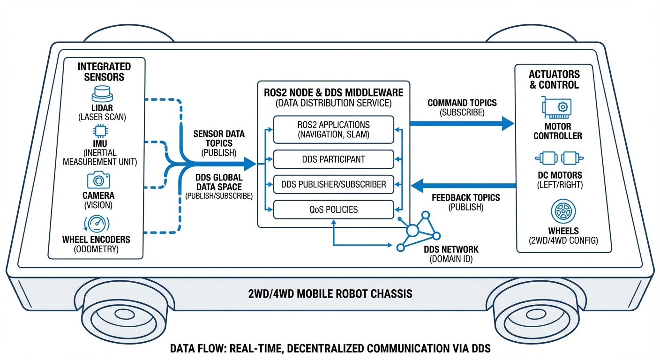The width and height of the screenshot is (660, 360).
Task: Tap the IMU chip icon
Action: pos(99,131)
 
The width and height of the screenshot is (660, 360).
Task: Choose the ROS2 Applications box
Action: pos(333,130)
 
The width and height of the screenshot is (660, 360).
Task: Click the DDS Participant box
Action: pos(333,159)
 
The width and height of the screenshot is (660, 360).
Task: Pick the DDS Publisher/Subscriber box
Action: pos(333,184)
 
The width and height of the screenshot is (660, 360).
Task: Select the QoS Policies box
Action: pos(333,209)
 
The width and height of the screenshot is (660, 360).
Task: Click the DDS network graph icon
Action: pos(417,232)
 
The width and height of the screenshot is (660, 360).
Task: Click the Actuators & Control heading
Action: pos(554,79)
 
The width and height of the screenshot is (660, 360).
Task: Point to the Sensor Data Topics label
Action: pos(219,138)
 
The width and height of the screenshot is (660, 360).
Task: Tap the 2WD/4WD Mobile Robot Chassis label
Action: pos(330,294)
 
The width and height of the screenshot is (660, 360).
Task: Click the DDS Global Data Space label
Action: pos(219,182)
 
